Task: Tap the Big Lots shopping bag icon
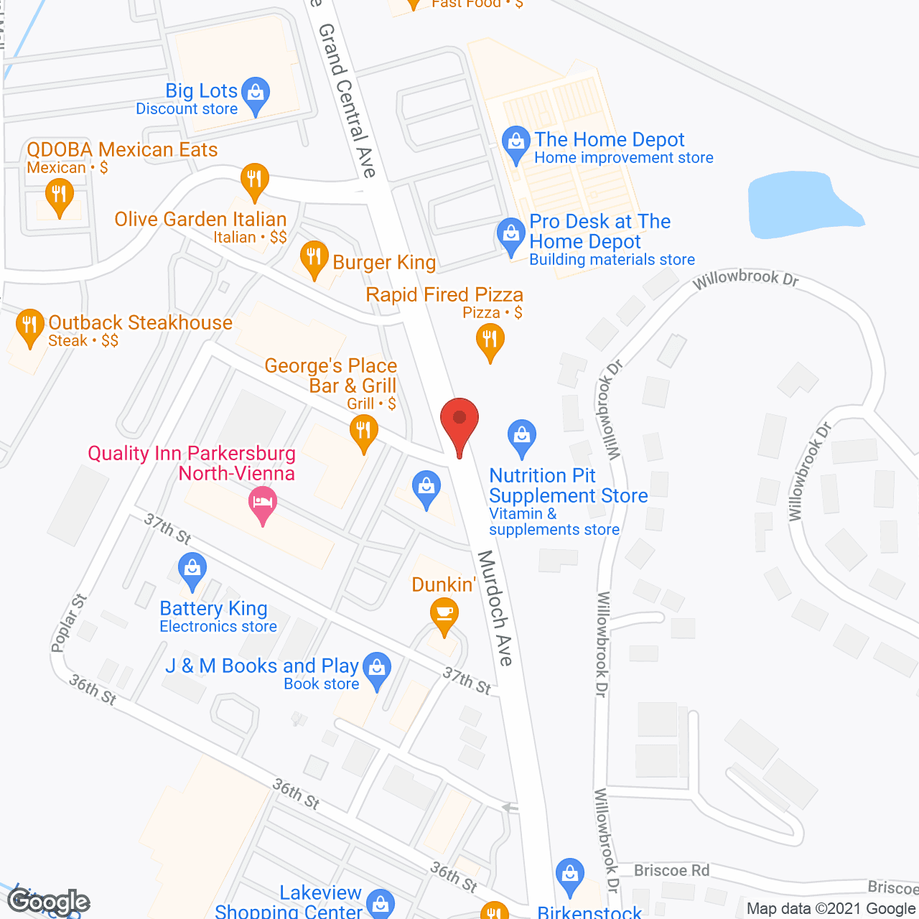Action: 255,93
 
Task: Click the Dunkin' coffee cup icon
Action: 444,615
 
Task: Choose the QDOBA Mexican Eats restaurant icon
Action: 59,195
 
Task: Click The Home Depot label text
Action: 610,140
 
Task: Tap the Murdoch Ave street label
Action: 495,607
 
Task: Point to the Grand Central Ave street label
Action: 347,101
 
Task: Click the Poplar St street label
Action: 69,622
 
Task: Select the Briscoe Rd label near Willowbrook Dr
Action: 671,871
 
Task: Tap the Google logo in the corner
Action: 49,902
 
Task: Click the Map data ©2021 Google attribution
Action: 831,908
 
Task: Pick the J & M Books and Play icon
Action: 376,668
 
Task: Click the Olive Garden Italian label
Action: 200,220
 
